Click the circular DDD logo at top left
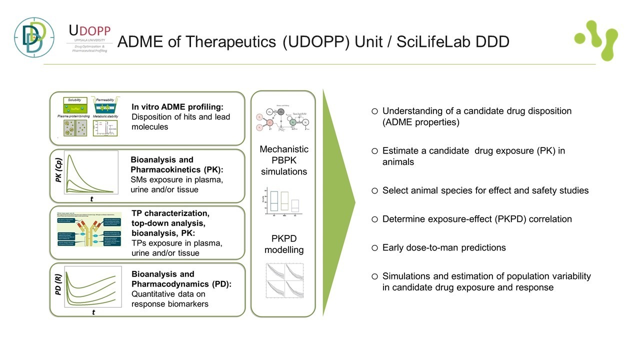34,37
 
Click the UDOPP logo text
89,31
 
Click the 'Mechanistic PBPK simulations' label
284,160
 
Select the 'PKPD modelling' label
283,243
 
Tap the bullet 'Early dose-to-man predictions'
444,247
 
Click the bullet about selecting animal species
485,190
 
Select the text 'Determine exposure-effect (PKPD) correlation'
477,219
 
